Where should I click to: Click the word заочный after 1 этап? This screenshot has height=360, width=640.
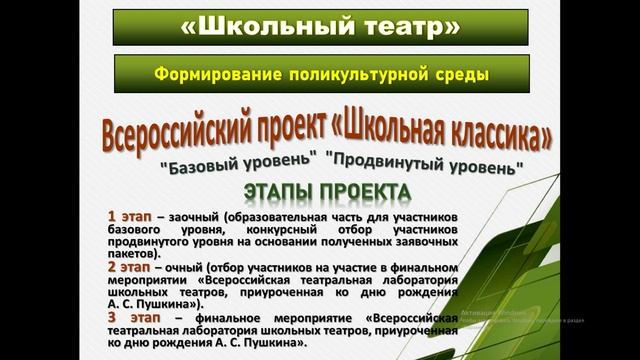194,216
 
